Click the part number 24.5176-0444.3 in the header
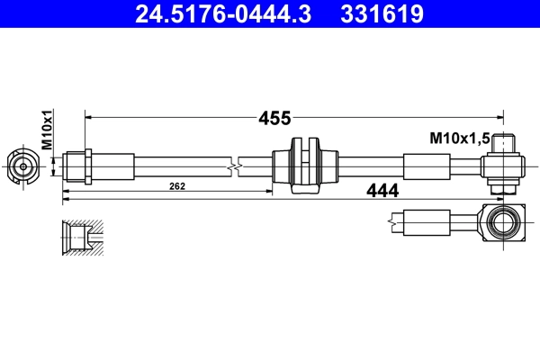[x=222, y=14]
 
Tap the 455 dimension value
[x=274, y=117]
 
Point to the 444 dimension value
[x=382, y=190]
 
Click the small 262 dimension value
[x=176, y=187]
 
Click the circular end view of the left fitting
[x=22, y=166]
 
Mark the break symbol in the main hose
[x=235, y=166]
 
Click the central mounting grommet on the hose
[x=306, y=166]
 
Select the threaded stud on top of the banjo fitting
[x=507, y=142]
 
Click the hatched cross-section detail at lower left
[x=81, y=236]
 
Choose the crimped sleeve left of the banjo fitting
[x=426, y=166]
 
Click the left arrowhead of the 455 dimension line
[x=88, y=117]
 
